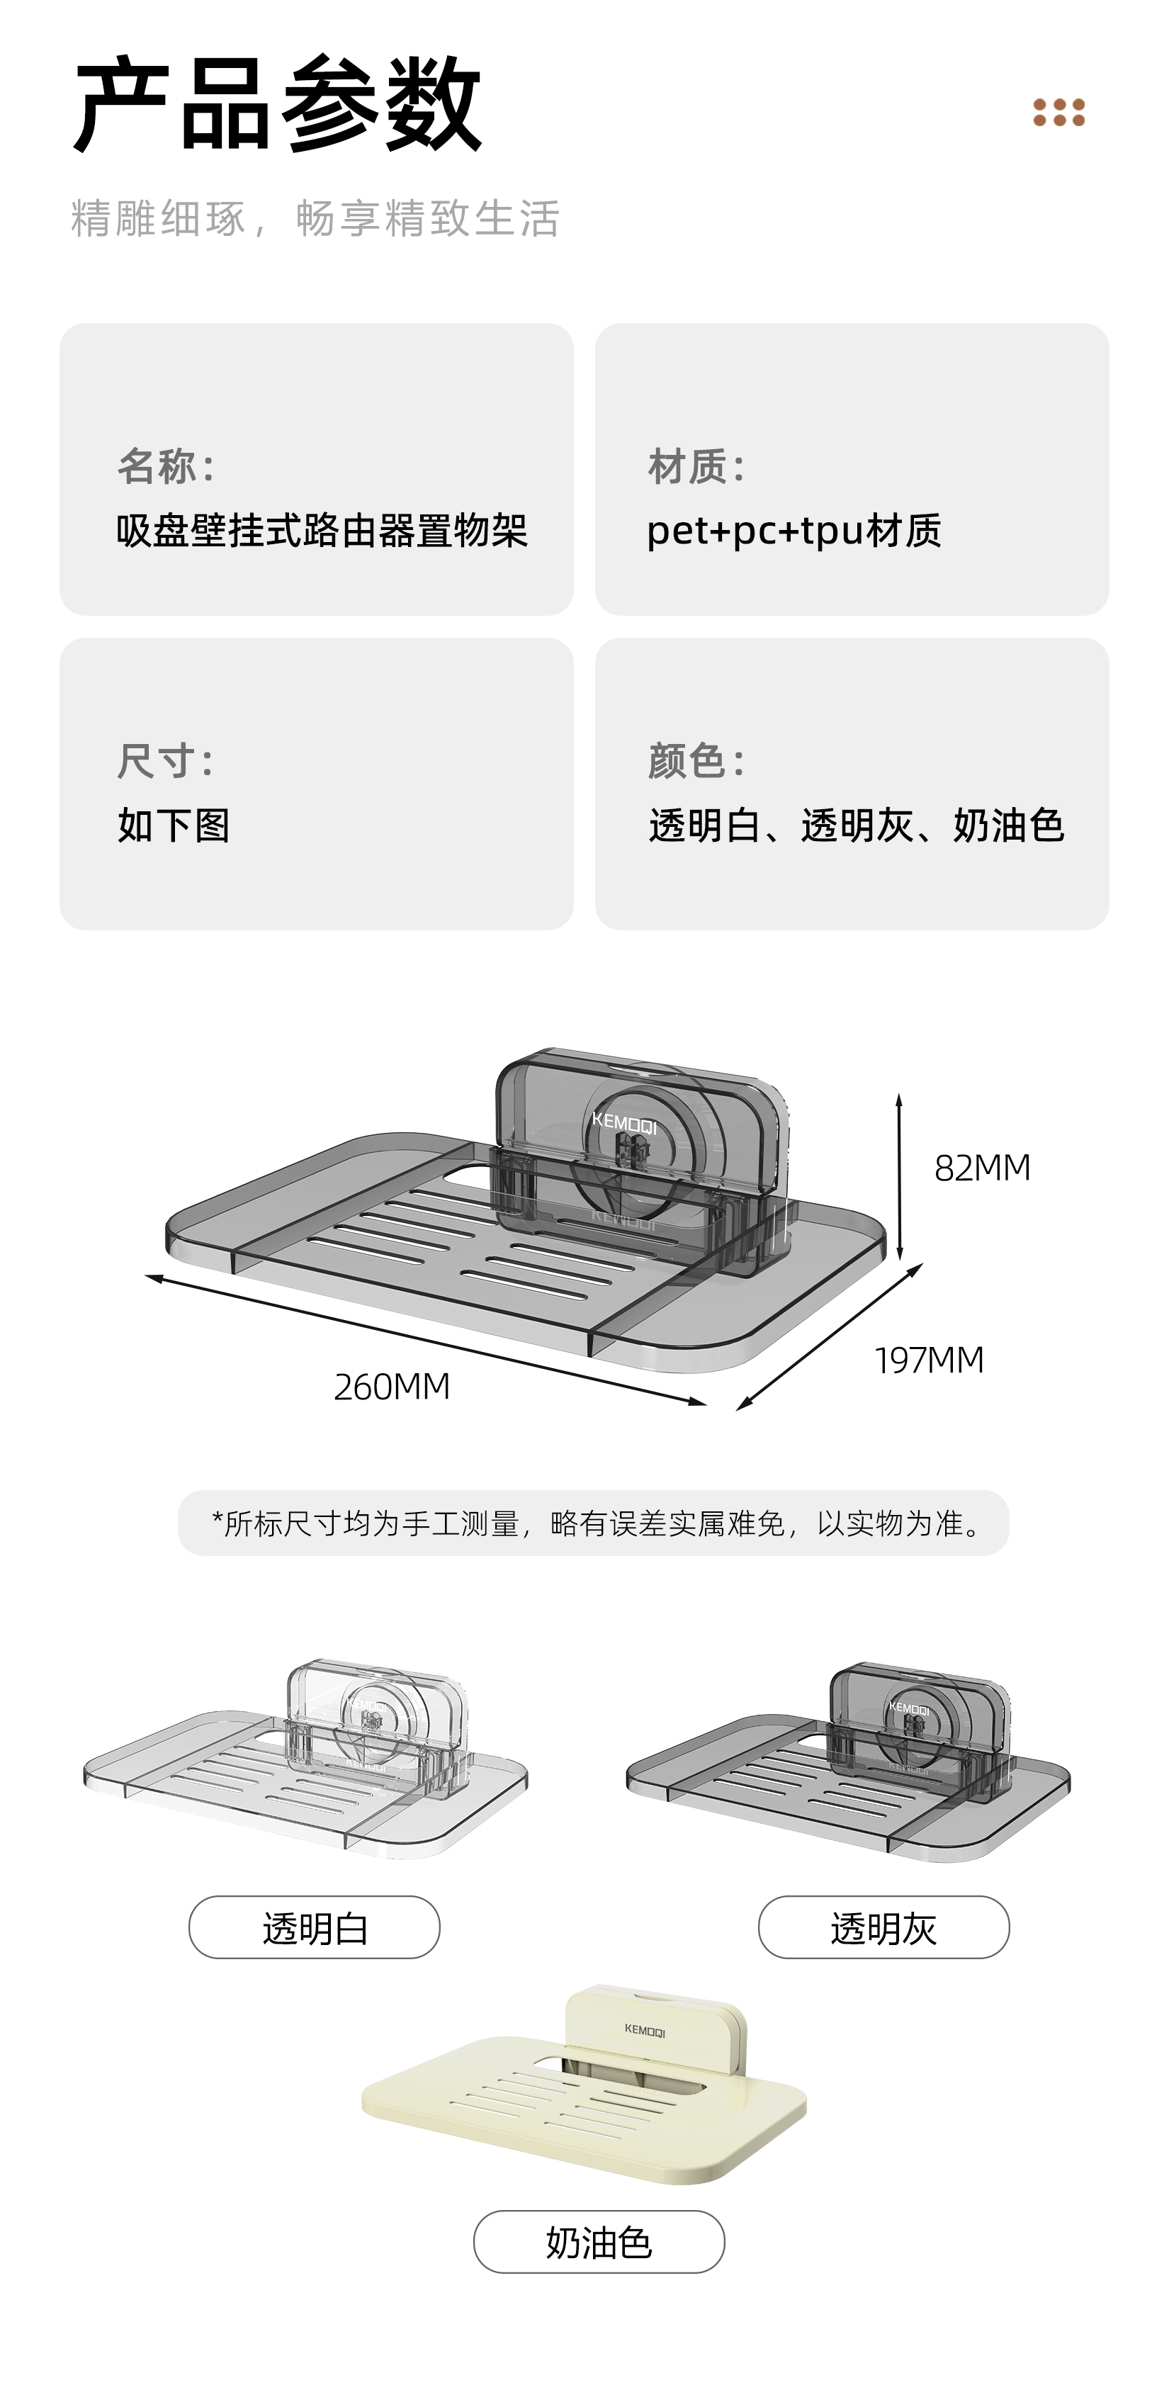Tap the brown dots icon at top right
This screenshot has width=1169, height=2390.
(x=1058, y=112)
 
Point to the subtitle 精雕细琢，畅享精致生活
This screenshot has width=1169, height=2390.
(x=315, y=219)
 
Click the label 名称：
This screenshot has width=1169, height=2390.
(x=166, y=466)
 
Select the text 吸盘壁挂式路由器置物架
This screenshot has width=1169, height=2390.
(x=321, y=531)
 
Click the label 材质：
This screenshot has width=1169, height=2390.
(x=696, y=466)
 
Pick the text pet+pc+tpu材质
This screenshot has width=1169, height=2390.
(x=794, y=531)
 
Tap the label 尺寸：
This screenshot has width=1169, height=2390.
(x=166, y=761)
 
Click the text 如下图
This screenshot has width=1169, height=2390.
(x=174, y=825)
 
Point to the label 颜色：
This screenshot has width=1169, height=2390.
(x=696, y=761)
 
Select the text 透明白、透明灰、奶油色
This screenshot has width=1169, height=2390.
(x=855, y=825)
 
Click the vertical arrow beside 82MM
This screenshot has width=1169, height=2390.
(x=899, y=1176)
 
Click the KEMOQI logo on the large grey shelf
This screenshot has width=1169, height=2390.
(x=624, y=1124)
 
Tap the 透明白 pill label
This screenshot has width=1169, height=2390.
(x=315, y=1927)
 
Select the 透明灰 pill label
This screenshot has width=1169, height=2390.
(x=883, y=1927)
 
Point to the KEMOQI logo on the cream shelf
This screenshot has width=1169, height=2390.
(x=645, y=2031)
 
